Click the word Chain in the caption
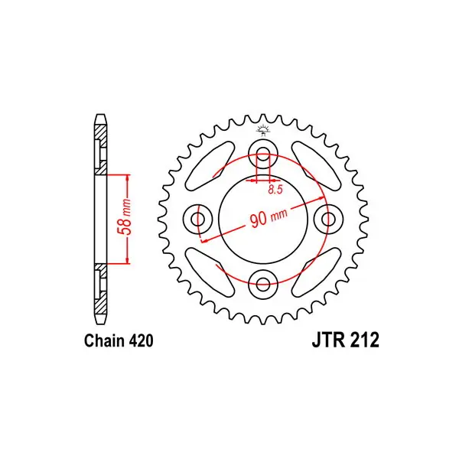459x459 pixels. (x=103, y=341)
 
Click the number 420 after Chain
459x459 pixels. (x=141, y=341)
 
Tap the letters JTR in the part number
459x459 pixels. (x=327, y=340)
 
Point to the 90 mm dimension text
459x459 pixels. (x=269, y=217)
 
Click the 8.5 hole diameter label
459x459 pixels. (x=275, y=190)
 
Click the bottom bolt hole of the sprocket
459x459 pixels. (x=263, y=283)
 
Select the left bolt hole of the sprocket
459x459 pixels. (x=198, y=218)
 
